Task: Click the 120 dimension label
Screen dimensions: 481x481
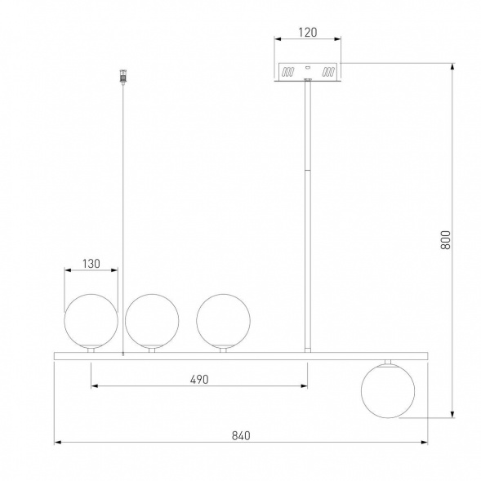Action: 308,32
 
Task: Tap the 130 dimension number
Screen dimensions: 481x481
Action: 91,264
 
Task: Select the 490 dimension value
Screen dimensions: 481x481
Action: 199,380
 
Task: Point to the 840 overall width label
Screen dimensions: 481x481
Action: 241,435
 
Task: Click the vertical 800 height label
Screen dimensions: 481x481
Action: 446,240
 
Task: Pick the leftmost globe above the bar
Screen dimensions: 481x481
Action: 91,321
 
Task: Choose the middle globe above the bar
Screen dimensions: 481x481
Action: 152,321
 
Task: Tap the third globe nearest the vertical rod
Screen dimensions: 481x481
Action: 223,321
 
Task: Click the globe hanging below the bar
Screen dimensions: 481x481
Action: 388,391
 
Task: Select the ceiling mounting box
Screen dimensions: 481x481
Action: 308,72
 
